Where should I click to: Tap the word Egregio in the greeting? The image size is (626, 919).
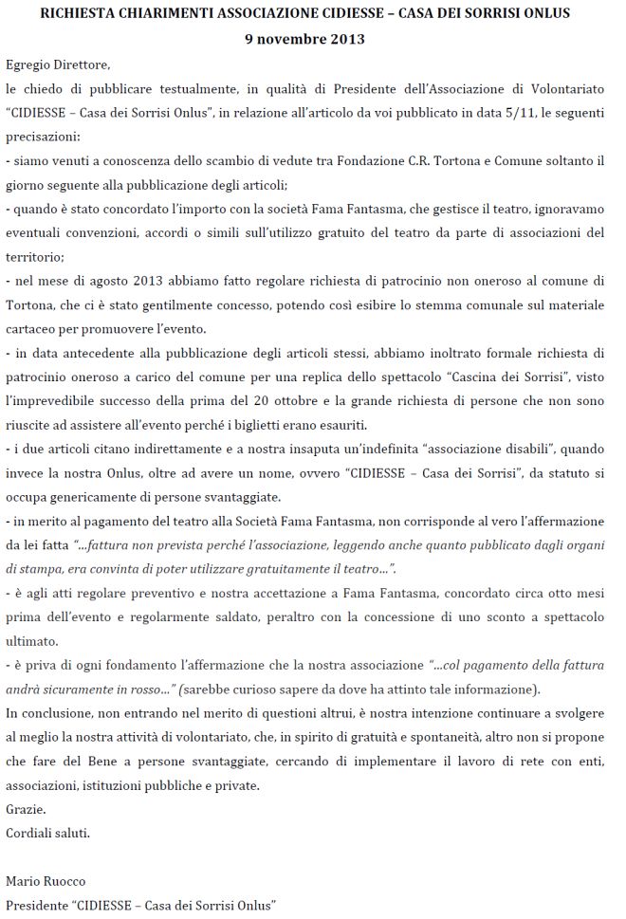[27, 64]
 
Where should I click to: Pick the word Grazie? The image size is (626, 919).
[25, 810]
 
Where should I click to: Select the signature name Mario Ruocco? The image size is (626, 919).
[42, 882]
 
